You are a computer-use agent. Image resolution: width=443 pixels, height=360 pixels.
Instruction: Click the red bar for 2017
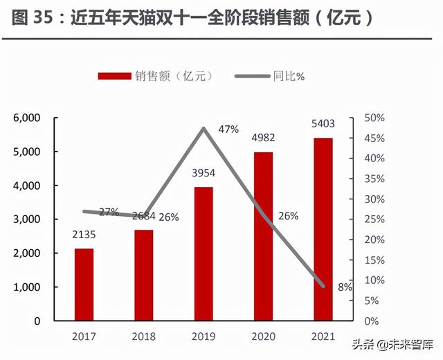pyautogui.click(x=84, y=285)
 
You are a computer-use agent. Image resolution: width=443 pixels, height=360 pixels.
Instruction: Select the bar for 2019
pyautogui.click(x=204, y=253)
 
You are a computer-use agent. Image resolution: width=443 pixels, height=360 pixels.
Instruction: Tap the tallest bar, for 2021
pyautogui.click(x=323, y=229)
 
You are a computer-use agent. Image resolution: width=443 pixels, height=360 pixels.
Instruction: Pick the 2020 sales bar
pyautogui.click(x=263, y=236)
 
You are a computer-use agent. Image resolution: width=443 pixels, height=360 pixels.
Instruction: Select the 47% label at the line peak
pyautogui.click(x=228, y=129)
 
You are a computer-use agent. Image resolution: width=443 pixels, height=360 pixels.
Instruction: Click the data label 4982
pyautogui.click(x=263, y=141)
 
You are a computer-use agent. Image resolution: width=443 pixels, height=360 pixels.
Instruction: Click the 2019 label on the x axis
pyautogui.click(x=204, y=337)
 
